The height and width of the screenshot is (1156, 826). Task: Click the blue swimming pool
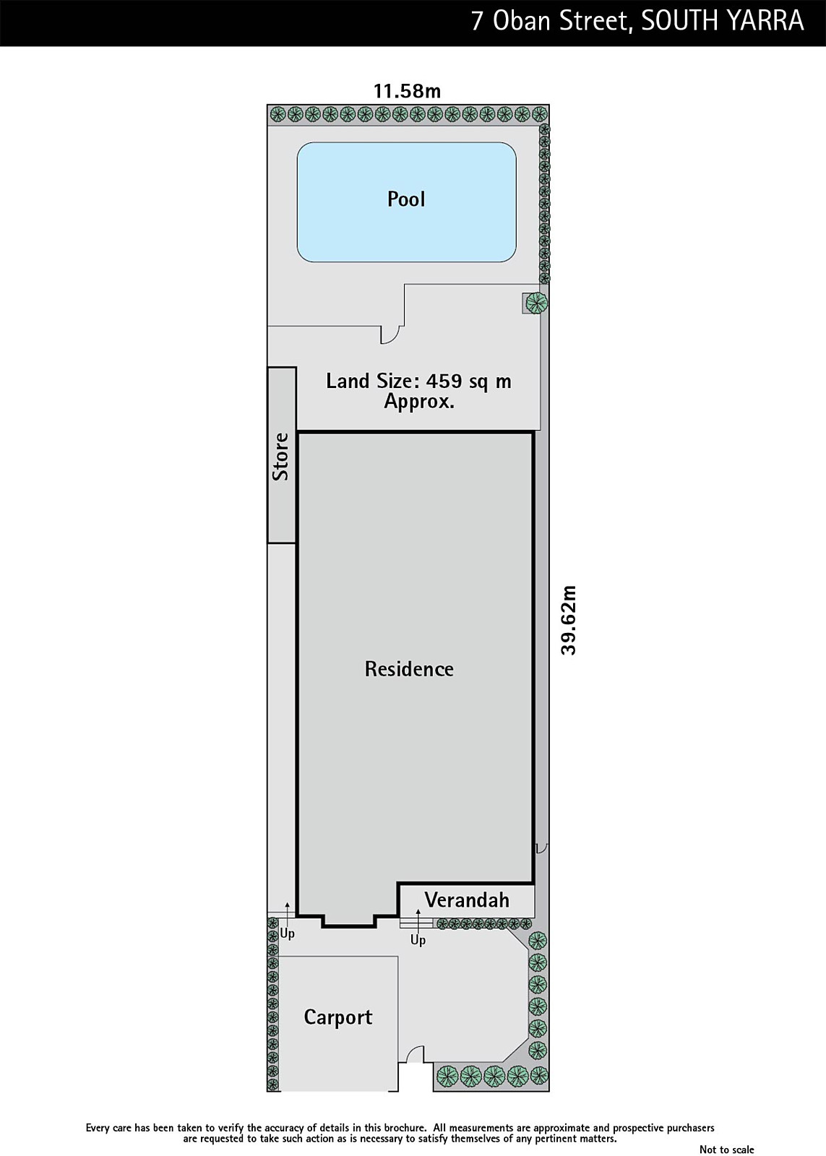coord(406,202)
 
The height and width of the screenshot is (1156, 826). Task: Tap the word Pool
coord(406,199)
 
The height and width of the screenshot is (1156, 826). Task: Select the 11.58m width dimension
coord(408,91)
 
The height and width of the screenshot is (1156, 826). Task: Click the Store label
coord(281,457)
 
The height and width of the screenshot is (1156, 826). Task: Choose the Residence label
coord(409,669)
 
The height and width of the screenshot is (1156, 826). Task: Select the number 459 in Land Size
coord(444,381)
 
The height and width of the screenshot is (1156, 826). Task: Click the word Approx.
coord(419,402)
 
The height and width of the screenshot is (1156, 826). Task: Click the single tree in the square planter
coord(535,303)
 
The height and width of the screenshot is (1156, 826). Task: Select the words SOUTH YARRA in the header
coord(723,22)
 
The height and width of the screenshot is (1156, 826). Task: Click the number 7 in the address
coord(478,22)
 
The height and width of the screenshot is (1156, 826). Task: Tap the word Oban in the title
coord(522,22)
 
